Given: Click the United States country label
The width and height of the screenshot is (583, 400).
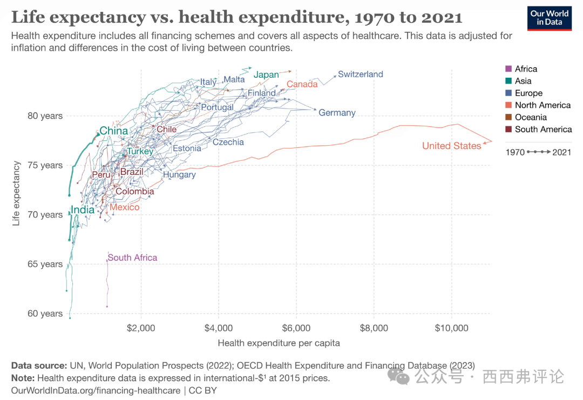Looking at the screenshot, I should tap(451, 146).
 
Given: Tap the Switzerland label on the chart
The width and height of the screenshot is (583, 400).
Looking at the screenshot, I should tap(360, 74).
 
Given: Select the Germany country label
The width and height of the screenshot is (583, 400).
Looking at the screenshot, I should tap(337, 113).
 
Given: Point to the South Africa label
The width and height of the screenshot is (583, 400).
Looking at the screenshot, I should tap(132, 257).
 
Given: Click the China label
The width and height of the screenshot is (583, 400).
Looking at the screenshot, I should tap(114, 131).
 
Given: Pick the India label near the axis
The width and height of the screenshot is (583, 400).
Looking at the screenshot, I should tap(83, 210).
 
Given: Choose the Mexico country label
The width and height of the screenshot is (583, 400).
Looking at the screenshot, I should tap(125, 207).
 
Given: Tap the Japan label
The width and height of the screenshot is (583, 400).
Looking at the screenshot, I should tap(266, 75).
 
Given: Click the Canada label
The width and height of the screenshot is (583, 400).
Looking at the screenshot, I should tap(302, 84).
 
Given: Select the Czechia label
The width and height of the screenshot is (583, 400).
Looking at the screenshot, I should tap(228, 143).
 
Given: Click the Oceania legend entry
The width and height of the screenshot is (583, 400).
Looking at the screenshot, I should tap(530, 117).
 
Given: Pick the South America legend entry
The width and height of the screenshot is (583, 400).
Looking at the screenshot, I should tap(543, 130).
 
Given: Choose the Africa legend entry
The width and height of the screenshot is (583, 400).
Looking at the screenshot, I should tap(525, 69).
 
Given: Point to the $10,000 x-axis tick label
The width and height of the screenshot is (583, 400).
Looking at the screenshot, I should tap(451, 328).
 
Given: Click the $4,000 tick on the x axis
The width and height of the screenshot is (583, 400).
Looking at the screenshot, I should tap(219, 328).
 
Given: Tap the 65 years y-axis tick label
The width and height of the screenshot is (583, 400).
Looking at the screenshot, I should tap(44, 264).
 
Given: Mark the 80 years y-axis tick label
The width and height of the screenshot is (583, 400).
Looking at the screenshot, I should tap(44, 116).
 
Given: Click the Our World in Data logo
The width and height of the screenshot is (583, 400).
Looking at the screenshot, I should tap(549, 18).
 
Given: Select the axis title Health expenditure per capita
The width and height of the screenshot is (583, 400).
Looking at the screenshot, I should tap(279, 343).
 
